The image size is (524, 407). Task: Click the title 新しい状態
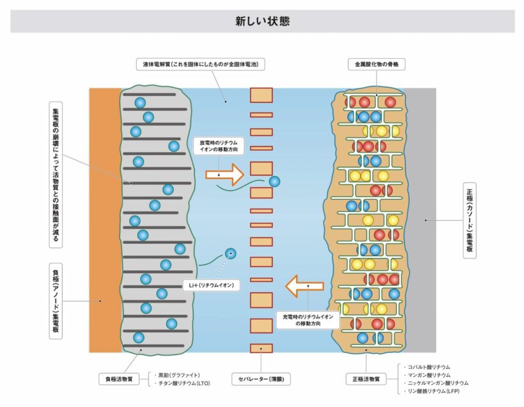[262, 21]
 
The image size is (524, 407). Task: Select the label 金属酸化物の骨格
[377, 65]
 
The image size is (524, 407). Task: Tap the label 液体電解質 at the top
[201, 65]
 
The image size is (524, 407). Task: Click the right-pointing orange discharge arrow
[224, 173]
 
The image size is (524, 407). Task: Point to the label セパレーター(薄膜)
[261, 379]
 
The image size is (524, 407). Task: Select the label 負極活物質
[119, 379]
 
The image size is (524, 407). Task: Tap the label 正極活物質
[366, 379]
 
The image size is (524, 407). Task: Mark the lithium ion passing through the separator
[274, 181]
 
